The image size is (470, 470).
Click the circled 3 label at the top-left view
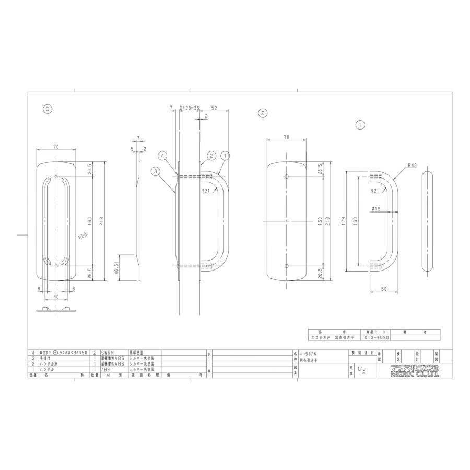point(48,109)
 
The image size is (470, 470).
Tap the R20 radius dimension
point(82,236)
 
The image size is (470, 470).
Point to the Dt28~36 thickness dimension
point(189,108)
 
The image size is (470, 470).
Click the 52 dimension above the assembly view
point(214,108)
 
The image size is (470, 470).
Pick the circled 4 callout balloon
point(163,156)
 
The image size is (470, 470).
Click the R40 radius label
point(413,166)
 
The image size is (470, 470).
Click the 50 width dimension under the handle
point(384,289)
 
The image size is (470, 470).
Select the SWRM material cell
point(108,353)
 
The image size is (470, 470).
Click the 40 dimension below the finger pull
point(56,297)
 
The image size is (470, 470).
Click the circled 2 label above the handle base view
point(263,113)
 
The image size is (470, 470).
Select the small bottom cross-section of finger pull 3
point(56,310)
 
